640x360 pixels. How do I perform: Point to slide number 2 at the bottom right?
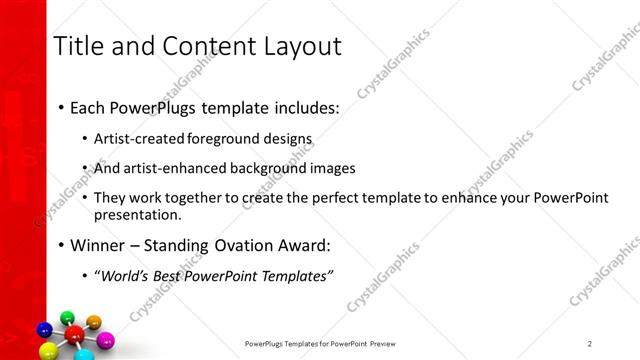[x=590, y=343]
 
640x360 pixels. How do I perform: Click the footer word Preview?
[x=386, y=343]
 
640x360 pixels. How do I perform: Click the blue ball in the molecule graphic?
[x=44, y=329]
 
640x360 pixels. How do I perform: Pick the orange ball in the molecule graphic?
[x=94, y=321]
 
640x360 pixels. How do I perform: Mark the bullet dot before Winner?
[x=62, y=244]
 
